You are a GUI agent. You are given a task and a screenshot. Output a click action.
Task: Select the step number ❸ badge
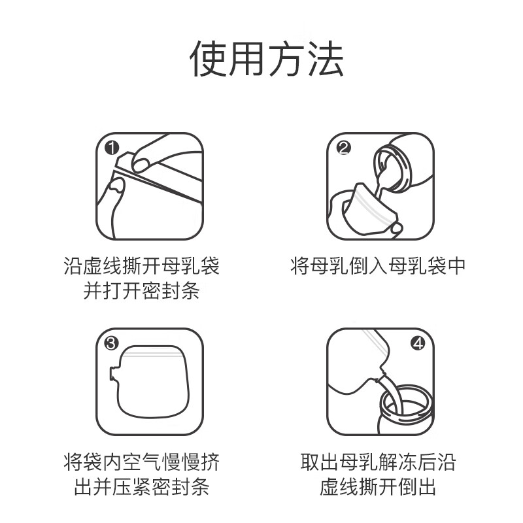pos(112,343)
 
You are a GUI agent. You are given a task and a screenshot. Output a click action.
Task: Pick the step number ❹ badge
pos(418,343)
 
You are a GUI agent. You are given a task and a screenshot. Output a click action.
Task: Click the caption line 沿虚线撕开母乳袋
pos(142,266)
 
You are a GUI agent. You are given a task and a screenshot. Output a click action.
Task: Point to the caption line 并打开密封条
pos(142,290)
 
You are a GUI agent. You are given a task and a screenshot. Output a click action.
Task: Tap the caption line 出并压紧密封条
pos(142,487)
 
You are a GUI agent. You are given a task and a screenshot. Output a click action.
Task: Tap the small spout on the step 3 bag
pos(114,374)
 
